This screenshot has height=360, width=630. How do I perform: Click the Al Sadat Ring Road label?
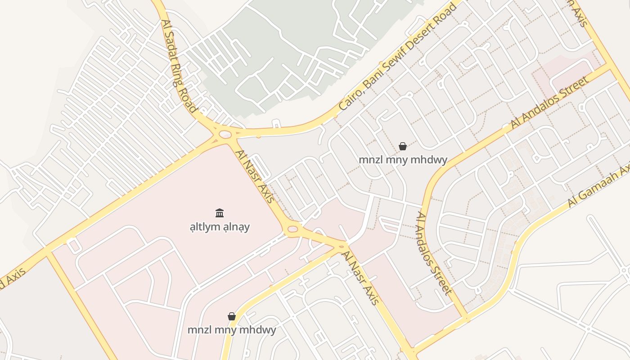179,66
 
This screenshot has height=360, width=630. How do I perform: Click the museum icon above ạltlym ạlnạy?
220,213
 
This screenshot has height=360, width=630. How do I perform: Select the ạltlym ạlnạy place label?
220,226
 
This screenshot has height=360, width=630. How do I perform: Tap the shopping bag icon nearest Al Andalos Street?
403,146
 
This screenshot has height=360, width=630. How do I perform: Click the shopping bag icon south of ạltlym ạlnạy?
232,316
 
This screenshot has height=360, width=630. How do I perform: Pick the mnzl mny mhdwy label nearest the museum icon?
232,330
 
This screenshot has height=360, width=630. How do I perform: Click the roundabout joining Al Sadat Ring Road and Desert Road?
224,134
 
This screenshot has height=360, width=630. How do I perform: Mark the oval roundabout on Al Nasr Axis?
292,229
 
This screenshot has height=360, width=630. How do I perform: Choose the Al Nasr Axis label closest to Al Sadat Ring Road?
255,177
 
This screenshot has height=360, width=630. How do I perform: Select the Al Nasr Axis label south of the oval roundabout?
361,278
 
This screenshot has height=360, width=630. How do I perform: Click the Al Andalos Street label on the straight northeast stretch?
549,103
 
